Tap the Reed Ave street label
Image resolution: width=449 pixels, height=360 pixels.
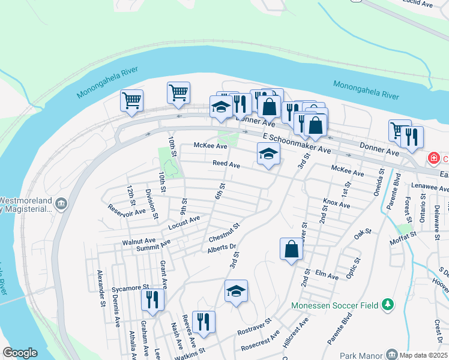[x=226, y=164]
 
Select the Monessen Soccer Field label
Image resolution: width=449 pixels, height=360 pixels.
[x=334, y=305]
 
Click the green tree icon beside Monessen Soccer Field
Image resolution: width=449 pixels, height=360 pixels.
[x=388, y=305]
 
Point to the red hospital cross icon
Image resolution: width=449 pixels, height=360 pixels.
[x=432, y=158]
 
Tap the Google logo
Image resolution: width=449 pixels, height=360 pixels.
[x=20, y=353]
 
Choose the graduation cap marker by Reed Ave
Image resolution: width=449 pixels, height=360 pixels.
[x=268, y=154]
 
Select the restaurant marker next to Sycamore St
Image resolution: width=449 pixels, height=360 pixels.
[x=152, y=299]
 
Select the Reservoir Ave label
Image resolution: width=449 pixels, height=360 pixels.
[x=126, y=210]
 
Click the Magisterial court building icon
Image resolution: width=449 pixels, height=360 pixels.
[x=61, y=205]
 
